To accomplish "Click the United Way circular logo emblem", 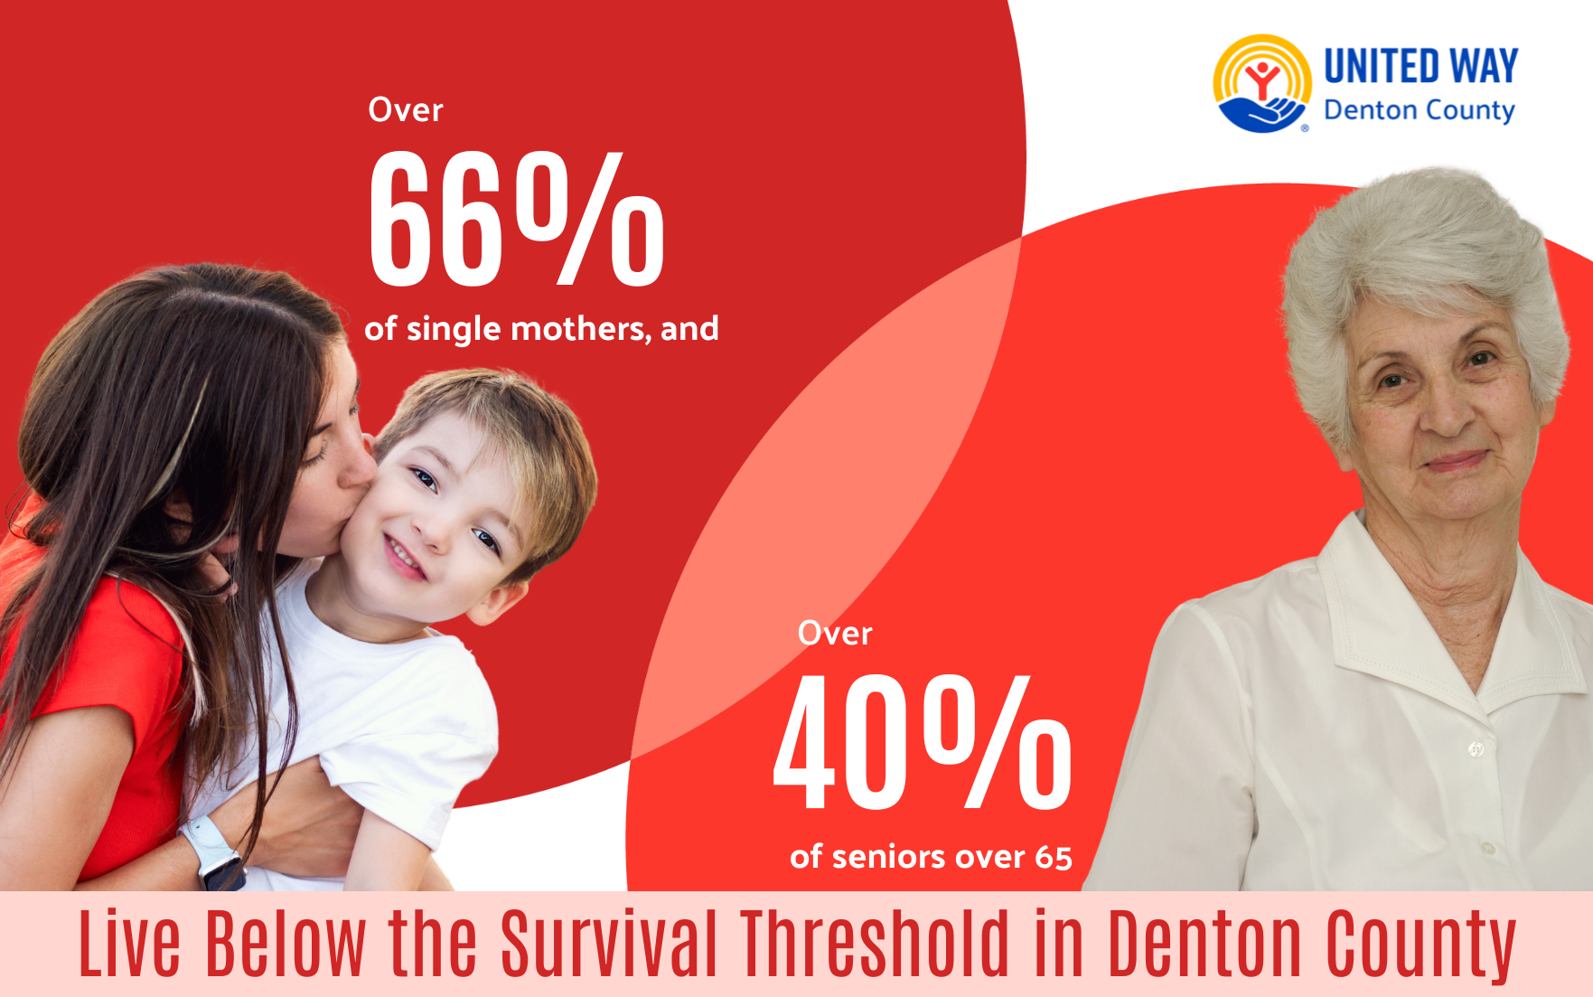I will click(x=1262, y=84).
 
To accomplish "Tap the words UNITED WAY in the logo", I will click(x=1420, y=67).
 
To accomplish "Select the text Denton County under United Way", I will click(x=1419, y=110).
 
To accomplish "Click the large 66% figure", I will click(x=517, y=219).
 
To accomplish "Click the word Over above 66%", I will click(x=406, y=110).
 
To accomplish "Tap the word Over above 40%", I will click(x=835, y=634).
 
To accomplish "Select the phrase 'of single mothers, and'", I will click(x=541, y=329).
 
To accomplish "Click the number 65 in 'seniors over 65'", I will click(x=1054, y=857).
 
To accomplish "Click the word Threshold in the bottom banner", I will click(x=875, y=944).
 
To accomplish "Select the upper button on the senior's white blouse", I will click(x=1476, y=748).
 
